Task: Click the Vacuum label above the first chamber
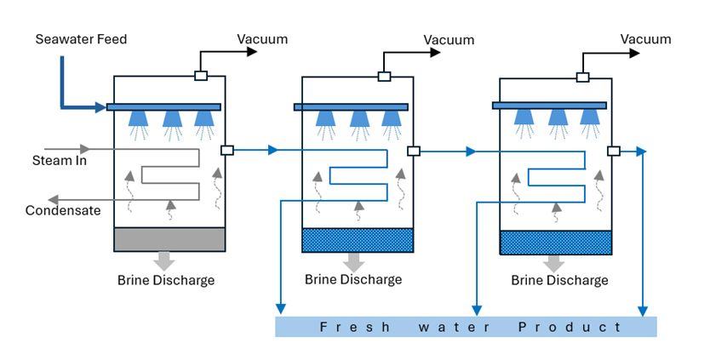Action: pyautogui.click(x=262, y=39)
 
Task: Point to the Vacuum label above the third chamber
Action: pyautogui.click(x=645, y=39)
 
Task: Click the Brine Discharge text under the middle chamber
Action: pyautogui.click(x=353, y=279)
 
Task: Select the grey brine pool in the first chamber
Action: pyautogui.click(x=169, y=240)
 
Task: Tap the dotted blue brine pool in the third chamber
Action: pyautogui.click(x=555, y=243)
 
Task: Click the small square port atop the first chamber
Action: pyautogui.click(x=201, y=76)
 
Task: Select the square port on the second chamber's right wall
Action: pyautogui.click(x=414, y=151)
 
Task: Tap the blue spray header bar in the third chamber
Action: pyautogui.click(x=549, y=106)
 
